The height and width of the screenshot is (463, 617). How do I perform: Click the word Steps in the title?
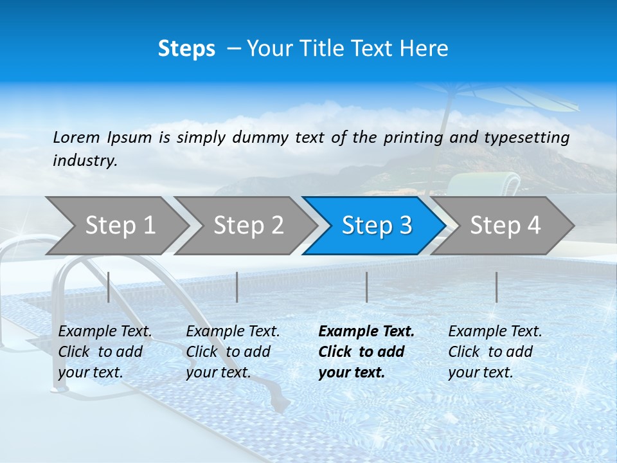pyautogui.click(x=186, y=49)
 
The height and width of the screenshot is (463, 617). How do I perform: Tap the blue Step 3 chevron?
pyautogui.click(x=377, y=225)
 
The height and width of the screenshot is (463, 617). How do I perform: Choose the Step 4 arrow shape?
pyautogui.click(x=505, y=225)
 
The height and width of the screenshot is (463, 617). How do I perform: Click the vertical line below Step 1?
pyautogui.click(x=109, y=287)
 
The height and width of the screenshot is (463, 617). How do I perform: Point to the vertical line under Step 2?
pyautogui.click(x=237, y=287)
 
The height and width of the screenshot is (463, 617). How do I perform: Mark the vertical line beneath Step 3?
pyautogui.click(x=367, y=287)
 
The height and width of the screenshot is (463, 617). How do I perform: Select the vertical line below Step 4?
pyautogui.click(x=497, y=287)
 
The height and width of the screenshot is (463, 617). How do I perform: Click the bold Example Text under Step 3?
pyautogui.click(x=366, y=352)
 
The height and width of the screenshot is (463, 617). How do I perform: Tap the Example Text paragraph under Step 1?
pyautogui.click(x=105, y=352)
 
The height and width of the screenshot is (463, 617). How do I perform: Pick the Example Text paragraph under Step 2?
pyautogui.click(x=233, y=352)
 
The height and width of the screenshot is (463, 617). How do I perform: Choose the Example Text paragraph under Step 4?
pyautogui.click(x=495, y=352)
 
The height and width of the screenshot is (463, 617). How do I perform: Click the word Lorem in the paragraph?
pyautogui.click(x=76, y=137)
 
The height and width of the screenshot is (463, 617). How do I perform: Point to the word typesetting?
pyautogui.click(x=526, y=138)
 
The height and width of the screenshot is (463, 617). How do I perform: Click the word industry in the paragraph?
pyautogui.click(x=85, y=161)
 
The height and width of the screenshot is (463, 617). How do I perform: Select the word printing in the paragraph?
pyautogui.click(x=414, y=138)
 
